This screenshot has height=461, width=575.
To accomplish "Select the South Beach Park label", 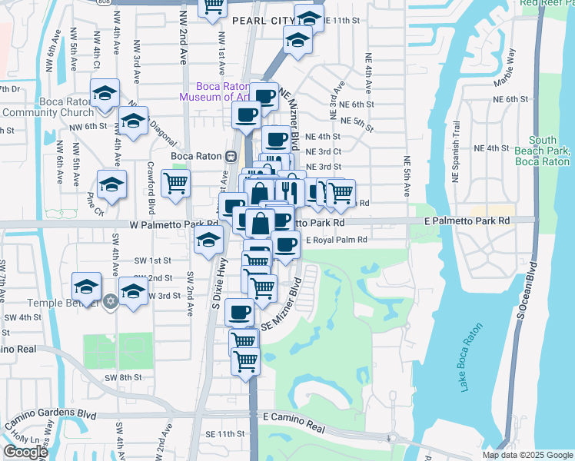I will tap(542, 151).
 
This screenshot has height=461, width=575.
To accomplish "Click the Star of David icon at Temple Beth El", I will tap(111, 299).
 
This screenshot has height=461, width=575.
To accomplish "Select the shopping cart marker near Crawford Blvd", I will tap(176, 184).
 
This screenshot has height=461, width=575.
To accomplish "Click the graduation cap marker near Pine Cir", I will tap(111, 184).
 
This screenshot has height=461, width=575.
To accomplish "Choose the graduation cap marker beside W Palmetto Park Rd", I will tap(208, 239).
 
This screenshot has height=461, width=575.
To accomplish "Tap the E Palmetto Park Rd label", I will tap(467, 221).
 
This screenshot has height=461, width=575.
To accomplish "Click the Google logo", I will tap(25, 452).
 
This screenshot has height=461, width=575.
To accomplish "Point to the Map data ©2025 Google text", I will tap(527, 455).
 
